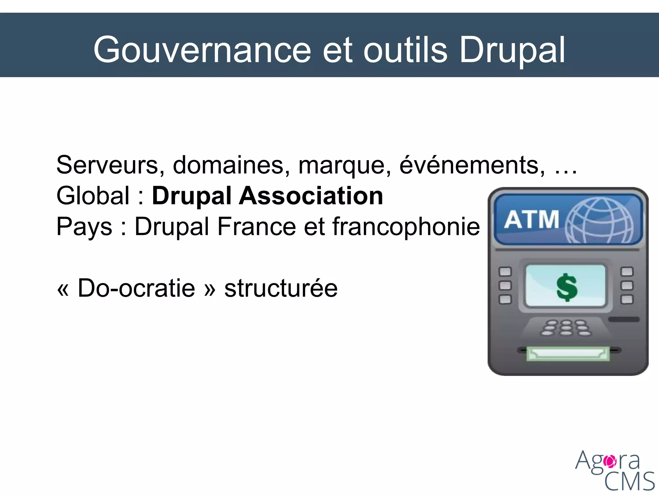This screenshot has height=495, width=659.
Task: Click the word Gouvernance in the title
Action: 202,50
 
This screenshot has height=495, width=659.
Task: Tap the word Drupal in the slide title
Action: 512,50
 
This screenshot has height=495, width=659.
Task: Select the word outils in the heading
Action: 405,50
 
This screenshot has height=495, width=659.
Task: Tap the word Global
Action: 93,196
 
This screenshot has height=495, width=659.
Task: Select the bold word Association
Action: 311,196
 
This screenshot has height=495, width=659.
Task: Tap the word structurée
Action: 281,288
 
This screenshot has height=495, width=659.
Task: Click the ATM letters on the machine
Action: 532,219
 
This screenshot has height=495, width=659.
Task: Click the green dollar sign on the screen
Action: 567,287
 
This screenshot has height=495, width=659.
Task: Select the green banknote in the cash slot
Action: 568,354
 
